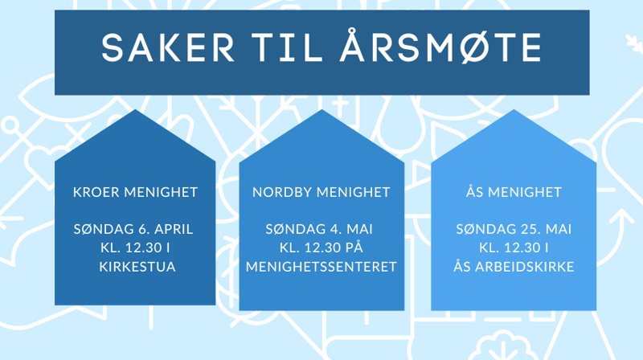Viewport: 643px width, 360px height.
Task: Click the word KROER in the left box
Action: coord(96,192)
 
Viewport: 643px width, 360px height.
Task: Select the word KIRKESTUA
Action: coord(135,266)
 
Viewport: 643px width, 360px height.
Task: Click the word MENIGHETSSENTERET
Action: coord(321,266)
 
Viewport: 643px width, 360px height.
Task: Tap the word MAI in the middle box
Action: coord(360,229)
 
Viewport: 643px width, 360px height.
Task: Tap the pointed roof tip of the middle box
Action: coord(321,111)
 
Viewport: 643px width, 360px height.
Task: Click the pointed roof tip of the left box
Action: coord(135,111)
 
